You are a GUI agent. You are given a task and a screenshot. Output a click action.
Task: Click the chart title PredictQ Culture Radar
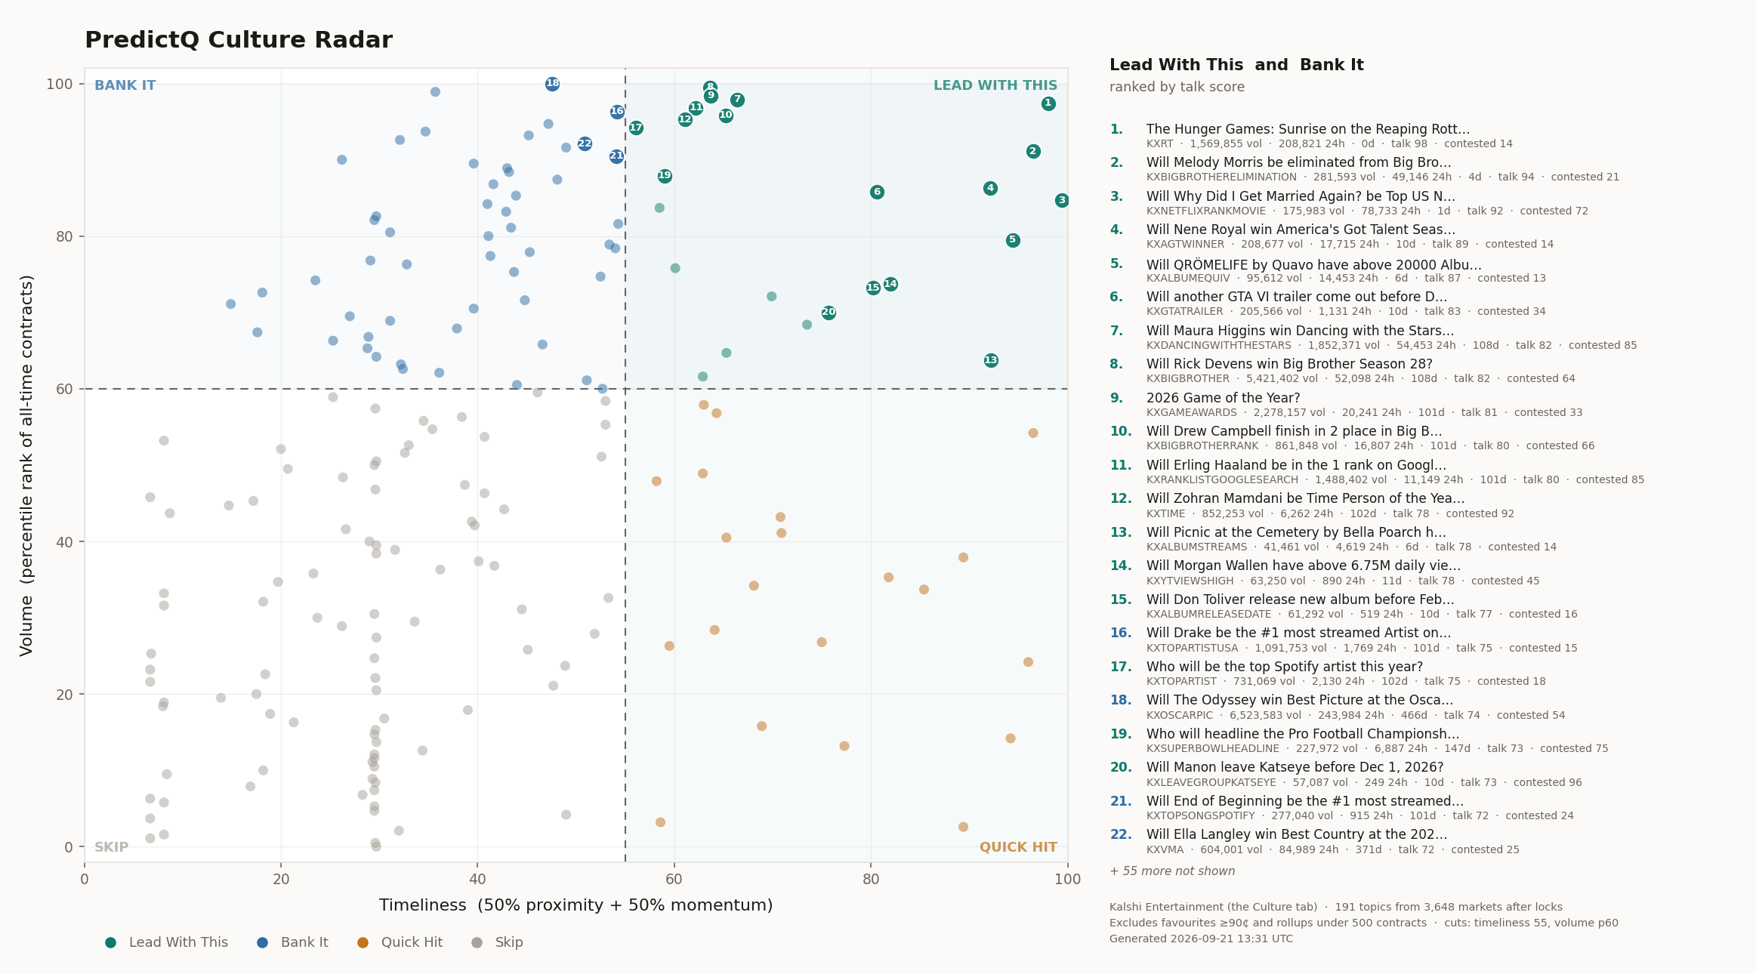coord(239,40)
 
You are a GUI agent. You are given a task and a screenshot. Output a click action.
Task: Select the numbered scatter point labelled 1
coord(1048,103)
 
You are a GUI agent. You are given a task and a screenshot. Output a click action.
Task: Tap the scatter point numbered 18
coord(553,84)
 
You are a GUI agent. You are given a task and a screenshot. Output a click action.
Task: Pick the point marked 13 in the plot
coord(991,360)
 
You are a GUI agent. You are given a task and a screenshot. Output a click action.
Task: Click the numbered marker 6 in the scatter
coord(877,192)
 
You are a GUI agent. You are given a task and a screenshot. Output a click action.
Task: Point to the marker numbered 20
coord(829,313)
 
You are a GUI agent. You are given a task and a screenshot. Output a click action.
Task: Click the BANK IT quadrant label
coord(125,85)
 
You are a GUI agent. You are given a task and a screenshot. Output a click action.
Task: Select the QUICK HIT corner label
coord(1018,847)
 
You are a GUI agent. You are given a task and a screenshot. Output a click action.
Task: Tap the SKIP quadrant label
coord(112,847)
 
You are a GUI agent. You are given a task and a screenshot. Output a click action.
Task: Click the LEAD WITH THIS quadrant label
coord(995,85)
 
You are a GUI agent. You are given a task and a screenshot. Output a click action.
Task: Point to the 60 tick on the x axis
coord(674,879)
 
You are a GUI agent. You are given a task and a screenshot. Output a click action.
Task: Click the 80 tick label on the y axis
coord(64,236)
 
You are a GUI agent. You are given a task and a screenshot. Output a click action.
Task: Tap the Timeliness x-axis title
coord(576,905)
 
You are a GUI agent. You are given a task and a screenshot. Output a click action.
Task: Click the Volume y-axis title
coord(27,465)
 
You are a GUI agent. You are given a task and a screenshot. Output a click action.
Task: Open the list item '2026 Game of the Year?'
coord(1224,398)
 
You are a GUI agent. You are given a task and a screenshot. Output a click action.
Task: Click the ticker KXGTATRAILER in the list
coord(1184,311)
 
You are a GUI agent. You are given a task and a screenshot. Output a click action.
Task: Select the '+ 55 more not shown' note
coord(1172,871)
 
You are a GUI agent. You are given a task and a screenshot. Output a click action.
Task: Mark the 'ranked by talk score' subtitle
coord(1177,87)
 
